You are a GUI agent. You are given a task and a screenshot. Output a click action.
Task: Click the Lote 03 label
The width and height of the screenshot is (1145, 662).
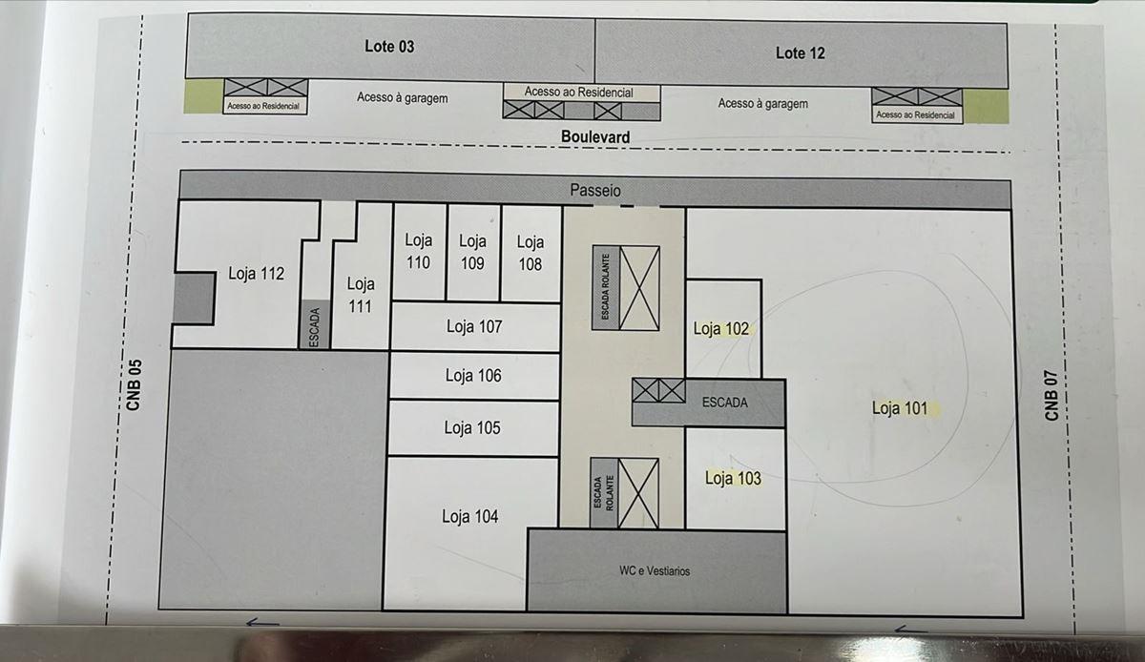pyautogui.click(x=389, y=47)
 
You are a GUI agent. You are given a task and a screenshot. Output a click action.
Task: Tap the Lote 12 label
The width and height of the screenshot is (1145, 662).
pyautogui.click(x=800, y=52)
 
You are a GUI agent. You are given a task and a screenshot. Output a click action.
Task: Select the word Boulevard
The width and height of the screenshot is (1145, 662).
pyautogui.click(x=595, y=136)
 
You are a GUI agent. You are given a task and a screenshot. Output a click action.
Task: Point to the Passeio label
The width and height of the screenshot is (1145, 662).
pyautogui.click(x=595, y=190)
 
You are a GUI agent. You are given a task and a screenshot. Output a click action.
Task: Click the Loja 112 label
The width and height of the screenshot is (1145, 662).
pyautogui.click(x=256, y=274)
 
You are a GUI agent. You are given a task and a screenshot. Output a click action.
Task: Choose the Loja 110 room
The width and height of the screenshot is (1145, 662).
pyautogui.click(x=419, y=253)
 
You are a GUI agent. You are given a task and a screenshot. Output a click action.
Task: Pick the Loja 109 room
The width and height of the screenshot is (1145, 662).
pyautogui.click(x=473, y=253)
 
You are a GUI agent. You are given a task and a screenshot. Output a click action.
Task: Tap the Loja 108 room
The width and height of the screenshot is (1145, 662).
pyautogui.click(x=531, y=254)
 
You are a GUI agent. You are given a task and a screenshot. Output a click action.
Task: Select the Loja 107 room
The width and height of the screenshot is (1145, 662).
pyautogui.click(x=475, y=326)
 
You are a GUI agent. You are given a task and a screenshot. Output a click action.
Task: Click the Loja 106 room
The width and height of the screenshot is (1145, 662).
pyautogui.click(x=474, y=376)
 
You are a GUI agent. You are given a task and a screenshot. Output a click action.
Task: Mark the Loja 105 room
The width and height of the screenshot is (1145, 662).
pyautogui.click(x=473, y=428)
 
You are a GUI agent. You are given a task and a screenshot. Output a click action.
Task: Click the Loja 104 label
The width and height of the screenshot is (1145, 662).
pyautogui.click(x=470, y=516)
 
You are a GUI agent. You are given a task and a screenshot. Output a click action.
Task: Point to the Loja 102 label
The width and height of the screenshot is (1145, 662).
pyautogui.click(x=720, y=329)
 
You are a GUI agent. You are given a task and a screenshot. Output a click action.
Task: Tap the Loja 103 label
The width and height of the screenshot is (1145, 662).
pyautogui.click(x=733, y=478)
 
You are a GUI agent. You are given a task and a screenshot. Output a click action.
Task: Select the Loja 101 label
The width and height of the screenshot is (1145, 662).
pyautogui.click(x=900, y=408)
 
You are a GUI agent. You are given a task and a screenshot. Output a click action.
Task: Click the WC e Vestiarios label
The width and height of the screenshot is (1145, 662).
pyautogui.click(x=655, y=571)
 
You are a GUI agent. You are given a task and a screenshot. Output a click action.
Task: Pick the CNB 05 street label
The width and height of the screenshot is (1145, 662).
pyautogui.click(x=134, y=384)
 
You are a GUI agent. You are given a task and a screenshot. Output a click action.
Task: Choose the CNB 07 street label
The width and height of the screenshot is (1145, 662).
pyautogui.click(x=1051, y=395)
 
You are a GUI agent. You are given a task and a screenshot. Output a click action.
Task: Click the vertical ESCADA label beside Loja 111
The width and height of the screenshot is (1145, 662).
pyautogui.click(x=315, y=327)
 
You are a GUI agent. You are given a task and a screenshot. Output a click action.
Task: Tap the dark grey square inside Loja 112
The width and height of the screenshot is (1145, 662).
pyautogui.click(x=193, y=298)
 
